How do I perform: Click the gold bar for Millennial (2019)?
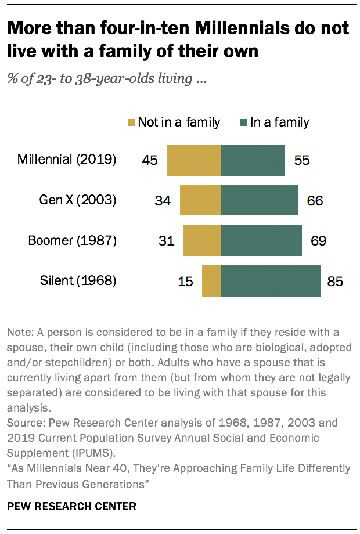(x=194, y=160)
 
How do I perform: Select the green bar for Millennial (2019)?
(x=253, y=160)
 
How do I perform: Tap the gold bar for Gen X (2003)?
(x=200, y=201)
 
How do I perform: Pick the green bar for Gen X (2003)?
(x=260, y=201)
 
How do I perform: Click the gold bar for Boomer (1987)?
(x=202, y=241)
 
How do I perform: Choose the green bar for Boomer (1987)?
(x=261, y=241)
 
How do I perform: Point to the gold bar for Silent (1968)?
(x=211, y=281)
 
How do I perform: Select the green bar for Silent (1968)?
(x=271, y=281)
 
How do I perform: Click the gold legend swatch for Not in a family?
(x=131, y=122)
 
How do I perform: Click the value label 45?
(x=150, y=160)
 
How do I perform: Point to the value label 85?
(x=335, y=282)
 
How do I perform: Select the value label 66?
(x=314, y=201)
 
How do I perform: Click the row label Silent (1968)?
(x=78, y=282)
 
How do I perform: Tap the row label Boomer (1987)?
(x=73, y=241)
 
